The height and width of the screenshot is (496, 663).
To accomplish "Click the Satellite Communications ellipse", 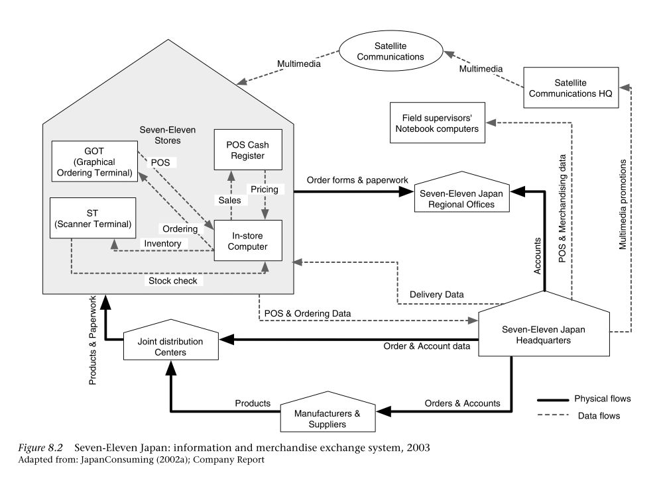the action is coord(391,51).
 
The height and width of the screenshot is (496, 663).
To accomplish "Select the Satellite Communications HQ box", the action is coord(571,87).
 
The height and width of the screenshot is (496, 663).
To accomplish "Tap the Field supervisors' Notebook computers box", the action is coord(437,123).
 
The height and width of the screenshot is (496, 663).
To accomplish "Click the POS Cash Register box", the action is coord(248,150).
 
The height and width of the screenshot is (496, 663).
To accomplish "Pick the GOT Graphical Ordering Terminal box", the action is coord(94,162).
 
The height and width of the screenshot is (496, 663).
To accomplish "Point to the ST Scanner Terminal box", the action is coord(93,218).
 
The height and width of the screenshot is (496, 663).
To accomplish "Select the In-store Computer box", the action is coord(248,240).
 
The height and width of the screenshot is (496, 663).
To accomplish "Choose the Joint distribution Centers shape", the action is coord(171,340).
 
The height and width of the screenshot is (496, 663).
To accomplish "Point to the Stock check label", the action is coord(172,281).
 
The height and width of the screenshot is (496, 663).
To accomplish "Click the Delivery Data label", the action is coord(436,295).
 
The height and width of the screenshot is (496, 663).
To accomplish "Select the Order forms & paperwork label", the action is coord(357,180).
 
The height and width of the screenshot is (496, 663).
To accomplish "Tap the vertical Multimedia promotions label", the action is coord(623,205).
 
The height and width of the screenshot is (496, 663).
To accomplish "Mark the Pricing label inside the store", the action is coord(265,189).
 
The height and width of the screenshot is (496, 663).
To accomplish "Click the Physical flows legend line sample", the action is coord(553,400).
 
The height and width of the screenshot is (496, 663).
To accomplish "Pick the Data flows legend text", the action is coord(599,416).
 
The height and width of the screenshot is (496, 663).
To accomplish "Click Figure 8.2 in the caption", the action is coord(40,448).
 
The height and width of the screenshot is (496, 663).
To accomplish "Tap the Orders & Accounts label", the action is coord(462,403).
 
